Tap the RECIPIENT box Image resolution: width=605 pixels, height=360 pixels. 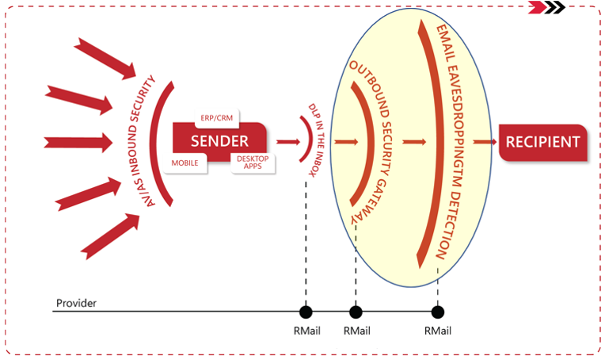pyautogui.click(x=543, y=143)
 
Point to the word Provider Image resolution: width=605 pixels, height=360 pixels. pyautogui.click(x=75, y=304)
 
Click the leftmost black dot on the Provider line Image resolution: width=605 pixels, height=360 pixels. pyautogui.click(x=306, y=312)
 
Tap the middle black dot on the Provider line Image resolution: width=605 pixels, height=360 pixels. pyautogui.click(x=356, y=312)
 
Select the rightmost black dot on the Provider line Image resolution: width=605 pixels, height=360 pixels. pyautogui.click(x=437, y=312)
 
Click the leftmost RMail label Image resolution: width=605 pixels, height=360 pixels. pyautogui.click(x=306, y=330)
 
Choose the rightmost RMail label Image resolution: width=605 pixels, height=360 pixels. pyautogui.click(x=437, y=330)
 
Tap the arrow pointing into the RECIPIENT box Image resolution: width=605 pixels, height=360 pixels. pyautogui.click(x=484, y=143)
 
